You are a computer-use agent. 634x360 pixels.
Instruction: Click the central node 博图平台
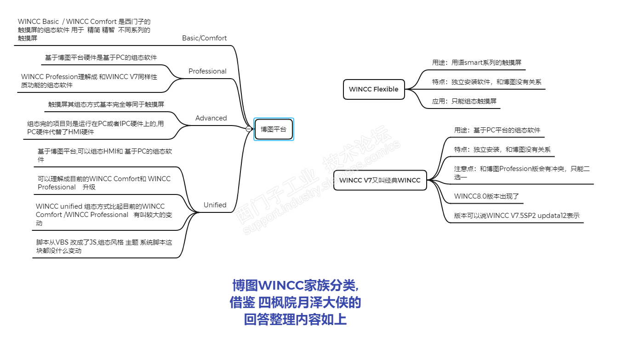point(274,129)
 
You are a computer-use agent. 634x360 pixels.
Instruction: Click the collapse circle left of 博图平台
point(249,129)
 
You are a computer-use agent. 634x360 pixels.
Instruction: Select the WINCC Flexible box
point(373,89)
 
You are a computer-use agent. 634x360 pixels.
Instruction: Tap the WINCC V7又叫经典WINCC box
point(380,180)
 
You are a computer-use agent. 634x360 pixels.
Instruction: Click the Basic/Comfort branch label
point(204,38)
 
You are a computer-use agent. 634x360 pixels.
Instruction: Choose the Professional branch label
point(207,71)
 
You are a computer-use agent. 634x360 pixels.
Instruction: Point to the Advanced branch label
point(211,118)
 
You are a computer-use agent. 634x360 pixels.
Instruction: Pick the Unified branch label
point(215,205)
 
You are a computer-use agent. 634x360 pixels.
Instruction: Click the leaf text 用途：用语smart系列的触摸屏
point(476,63)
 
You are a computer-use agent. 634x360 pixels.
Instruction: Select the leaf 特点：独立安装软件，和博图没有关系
point(486,82)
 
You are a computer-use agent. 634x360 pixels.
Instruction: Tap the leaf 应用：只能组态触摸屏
point(464,101)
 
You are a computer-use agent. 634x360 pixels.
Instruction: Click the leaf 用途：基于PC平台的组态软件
point(497,130)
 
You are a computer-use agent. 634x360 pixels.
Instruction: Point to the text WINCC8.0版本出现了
point(486,196)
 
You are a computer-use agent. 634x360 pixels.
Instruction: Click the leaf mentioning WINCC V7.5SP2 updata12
point(516,215)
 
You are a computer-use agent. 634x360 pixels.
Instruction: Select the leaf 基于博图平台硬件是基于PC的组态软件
point(101,57)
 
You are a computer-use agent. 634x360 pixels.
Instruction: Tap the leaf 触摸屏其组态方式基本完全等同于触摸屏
point(106,104)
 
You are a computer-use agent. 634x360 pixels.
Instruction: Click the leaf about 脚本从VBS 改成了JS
point(104,246)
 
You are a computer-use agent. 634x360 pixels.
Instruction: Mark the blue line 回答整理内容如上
point(295,320)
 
